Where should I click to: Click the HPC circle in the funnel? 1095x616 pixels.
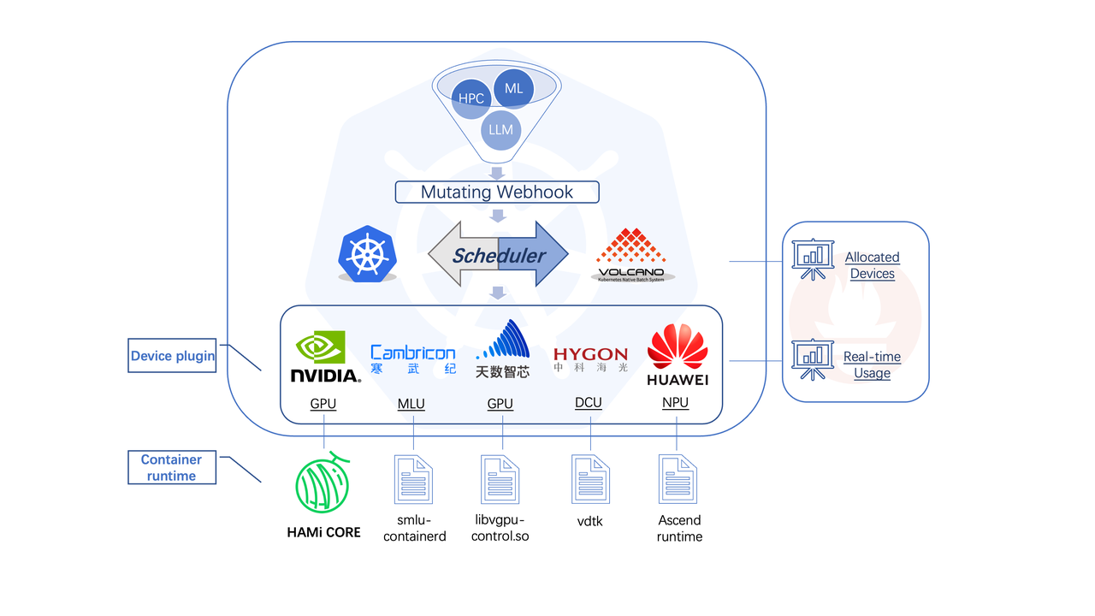[x=470, y=98]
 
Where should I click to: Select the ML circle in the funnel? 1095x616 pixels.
[x=514, y=88]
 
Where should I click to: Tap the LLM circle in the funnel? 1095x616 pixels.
[x=500, y=130]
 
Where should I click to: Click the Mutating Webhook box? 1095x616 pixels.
[x=497, y=192]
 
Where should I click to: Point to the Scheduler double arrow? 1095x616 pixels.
[x=498, y=254]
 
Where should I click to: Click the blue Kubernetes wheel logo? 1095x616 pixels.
[x=369, y=254]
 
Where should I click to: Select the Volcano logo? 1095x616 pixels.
[x=631, y=254]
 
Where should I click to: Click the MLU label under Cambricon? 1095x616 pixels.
[x=411, y=404]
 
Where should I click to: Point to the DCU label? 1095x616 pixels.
[x=589, y=403]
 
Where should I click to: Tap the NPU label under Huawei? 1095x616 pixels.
[x=675, y=403]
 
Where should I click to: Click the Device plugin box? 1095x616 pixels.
[x=172, y=355]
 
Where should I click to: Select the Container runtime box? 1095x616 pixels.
[x=171, y=468]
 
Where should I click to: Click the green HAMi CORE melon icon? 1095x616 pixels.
[x=324, y=483]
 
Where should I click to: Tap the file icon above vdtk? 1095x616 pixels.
[x=590, y=479]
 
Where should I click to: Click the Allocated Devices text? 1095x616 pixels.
[x=872, y=265]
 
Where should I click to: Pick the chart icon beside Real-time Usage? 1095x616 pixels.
[x=812, y=359]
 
